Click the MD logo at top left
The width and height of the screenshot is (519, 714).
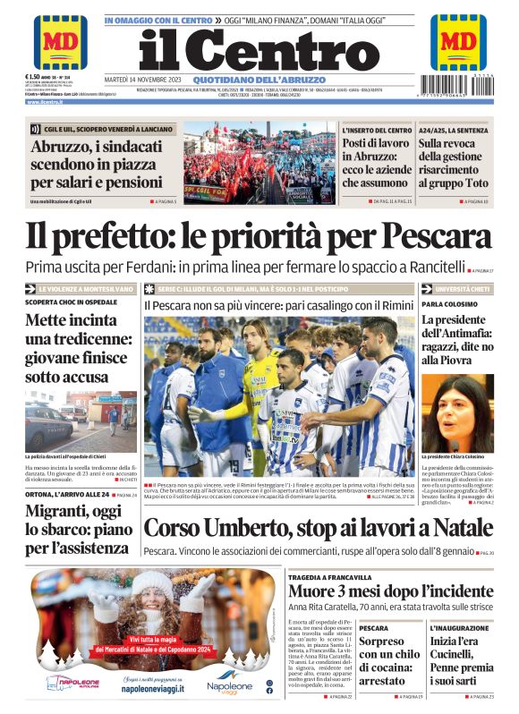pyautogui.click(x=60, y=41)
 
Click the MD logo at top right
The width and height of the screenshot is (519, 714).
pyautogui.click(x=458, y=41)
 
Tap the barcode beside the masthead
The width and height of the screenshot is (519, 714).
pyautogui.click(x=458, y=89)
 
